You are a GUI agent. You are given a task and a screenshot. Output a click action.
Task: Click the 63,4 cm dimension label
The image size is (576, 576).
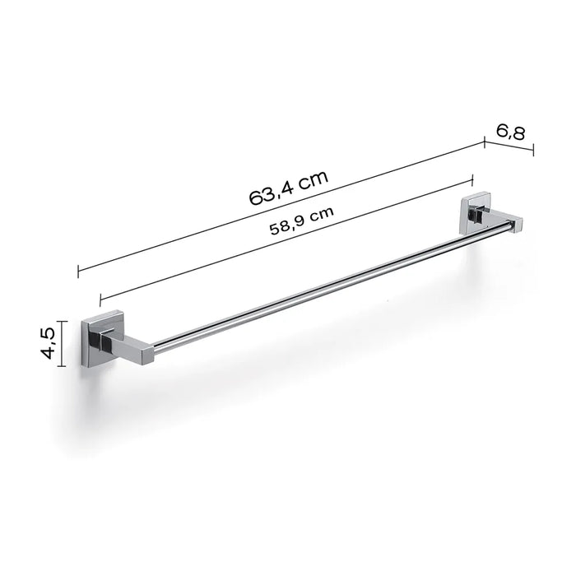coord(288,188)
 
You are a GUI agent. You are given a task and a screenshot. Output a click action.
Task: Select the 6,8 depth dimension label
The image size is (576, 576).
coord(511,131)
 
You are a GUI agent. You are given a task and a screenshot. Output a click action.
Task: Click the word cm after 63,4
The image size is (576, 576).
coord(314,181)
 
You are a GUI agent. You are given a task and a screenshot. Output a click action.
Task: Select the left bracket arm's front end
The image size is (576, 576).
coord(147,352)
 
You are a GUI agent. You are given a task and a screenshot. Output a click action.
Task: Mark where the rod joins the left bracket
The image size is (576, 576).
coord(156,346)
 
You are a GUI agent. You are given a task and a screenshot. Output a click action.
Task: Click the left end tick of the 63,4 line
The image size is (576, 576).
coord(78,272)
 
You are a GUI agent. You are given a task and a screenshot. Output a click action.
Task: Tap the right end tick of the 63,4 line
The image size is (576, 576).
coord(484,142)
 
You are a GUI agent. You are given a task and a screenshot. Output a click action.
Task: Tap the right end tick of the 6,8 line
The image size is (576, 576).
coord(533,150)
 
